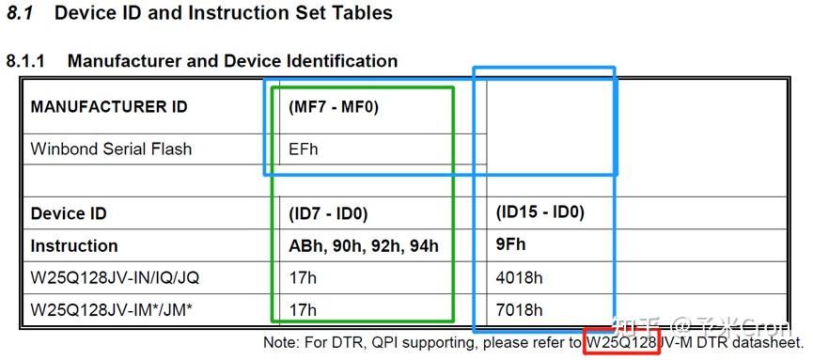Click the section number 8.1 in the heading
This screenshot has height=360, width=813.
point(20,13)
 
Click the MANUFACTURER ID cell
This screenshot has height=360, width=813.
point(108,106)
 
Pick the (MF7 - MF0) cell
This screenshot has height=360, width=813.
point(333,106)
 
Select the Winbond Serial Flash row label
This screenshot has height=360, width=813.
point(111,149)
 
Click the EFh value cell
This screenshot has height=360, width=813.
point(304,149)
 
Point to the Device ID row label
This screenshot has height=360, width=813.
point(69,213)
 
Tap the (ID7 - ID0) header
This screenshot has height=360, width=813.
point(328,213)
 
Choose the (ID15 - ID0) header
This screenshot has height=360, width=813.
point(540,212)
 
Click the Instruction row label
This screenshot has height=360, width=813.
point(74,246)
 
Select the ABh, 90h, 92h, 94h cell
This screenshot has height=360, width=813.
point(363,246)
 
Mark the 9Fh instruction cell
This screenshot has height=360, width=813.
point(511,246)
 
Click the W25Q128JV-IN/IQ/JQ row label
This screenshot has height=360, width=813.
point(115,278)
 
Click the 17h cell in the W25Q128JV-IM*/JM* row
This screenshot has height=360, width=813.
point(303,310)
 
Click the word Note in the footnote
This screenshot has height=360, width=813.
point(281,343)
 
